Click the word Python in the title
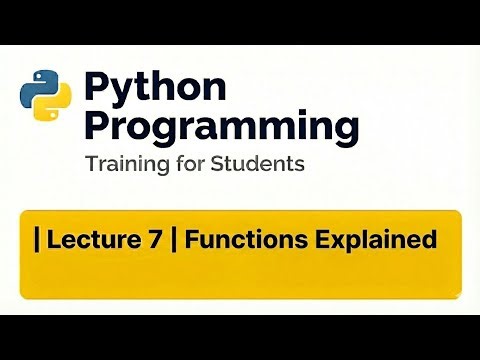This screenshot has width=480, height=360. [156, 89]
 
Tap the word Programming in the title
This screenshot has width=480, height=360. [221, 128]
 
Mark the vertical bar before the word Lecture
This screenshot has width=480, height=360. [37, 241]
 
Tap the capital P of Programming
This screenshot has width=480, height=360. [97, 126]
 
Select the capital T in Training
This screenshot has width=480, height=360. [91, 164]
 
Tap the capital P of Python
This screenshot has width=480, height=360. [98, 88]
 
